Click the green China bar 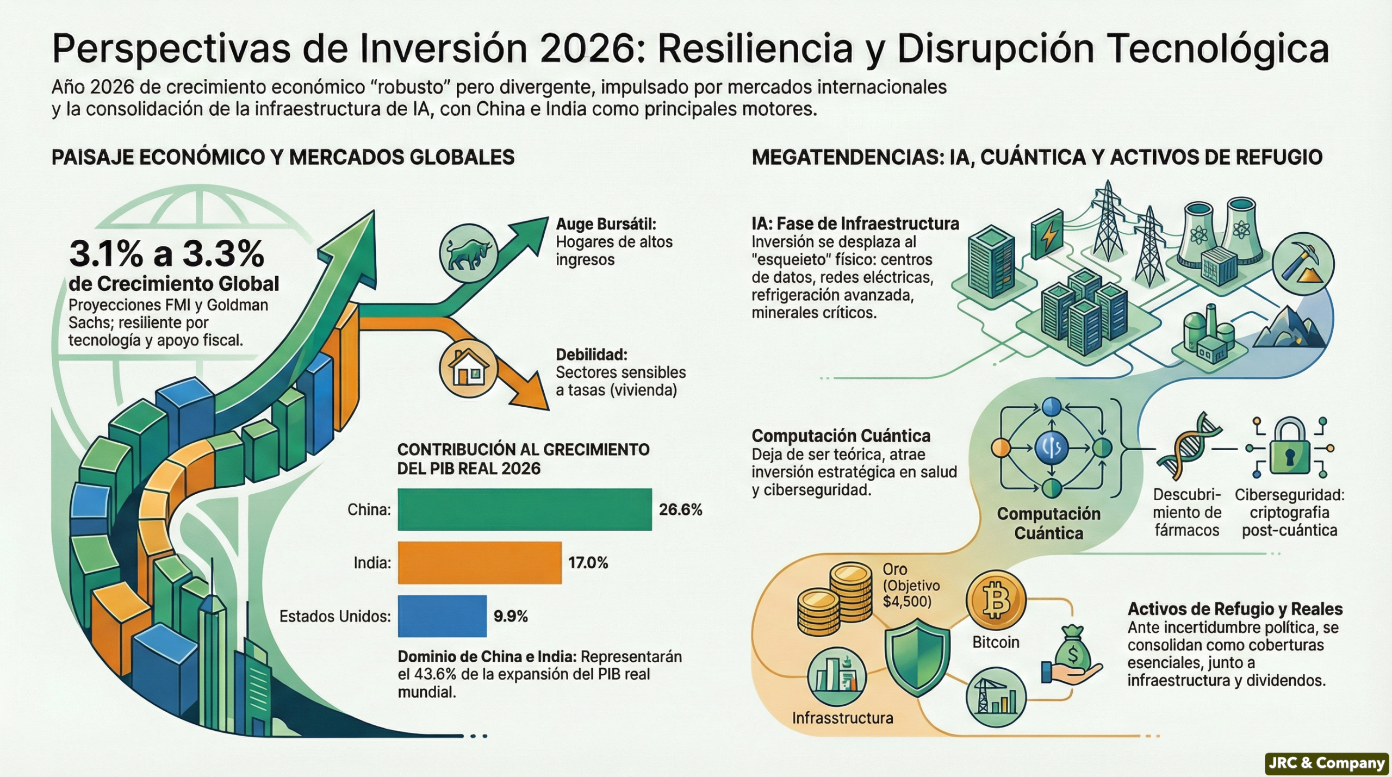point(525,509)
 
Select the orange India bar point(480,563)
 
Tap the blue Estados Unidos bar point(442,616)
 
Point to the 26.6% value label point(680,509)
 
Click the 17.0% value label point(588,563)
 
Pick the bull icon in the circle point(468,253)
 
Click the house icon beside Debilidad point(468,368)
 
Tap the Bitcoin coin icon point(996,601)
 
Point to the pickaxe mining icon point(1303,264)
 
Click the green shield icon point(917,657)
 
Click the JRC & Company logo point(1327,763)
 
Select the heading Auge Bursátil point(606,224)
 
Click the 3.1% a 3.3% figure point(166,253)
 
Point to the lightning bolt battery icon point(1047,237)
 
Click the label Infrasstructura point(842,718)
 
